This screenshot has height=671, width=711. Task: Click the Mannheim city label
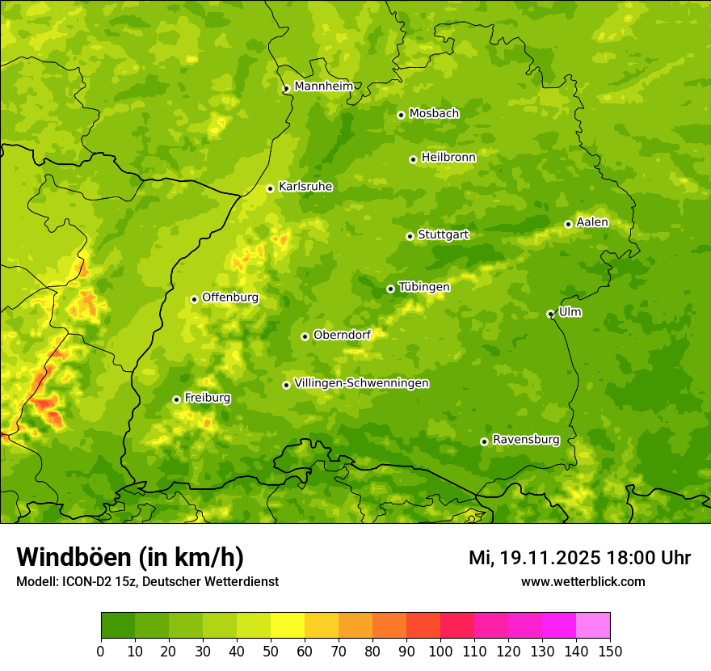(x=323, y=87)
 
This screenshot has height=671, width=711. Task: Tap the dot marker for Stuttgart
(x=410, y=236)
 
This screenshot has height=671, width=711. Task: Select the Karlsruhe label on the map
(x=305, y=187)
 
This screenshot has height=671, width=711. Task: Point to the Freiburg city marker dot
(x=176, y=399)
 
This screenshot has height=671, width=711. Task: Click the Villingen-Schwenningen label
(x=361, y=383)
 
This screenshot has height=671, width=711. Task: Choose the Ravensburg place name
(x=525, y=440)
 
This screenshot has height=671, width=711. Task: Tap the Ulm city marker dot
(x=550, y=314)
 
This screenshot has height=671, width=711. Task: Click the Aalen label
(x=592, y=222)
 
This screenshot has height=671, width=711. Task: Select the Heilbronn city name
(x=448, y=158)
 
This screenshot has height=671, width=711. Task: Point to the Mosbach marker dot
(x=401, y=115)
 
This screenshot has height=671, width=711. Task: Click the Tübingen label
(x=424, y=287)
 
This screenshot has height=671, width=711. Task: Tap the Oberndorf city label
(x=342, y=335)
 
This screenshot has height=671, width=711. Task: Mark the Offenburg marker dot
(x=194, y=299)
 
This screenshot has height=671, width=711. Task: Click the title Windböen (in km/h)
(x=130, y=557)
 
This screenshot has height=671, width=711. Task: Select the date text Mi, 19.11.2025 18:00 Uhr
(x=579, y=558)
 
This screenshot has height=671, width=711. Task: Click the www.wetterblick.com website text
(x=583, y=581)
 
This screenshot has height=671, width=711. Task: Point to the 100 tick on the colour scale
(x=440, y=651)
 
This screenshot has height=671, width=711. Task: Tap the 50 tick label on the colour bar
(x=271, y=651)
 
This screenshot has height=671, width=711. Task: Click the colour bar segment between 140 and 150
(x=593, y=626)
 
